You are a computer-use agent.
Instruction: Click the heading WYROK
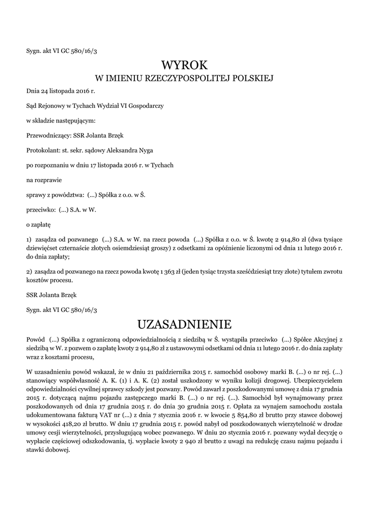click(184, 65)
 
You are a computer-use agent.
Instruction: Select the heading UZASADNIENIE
click(184, 324)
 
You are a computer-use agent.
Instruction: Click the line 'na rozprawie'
click(41, 180)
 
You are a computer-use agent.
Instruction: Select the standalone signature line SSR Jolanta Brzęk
click(52, 295)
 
